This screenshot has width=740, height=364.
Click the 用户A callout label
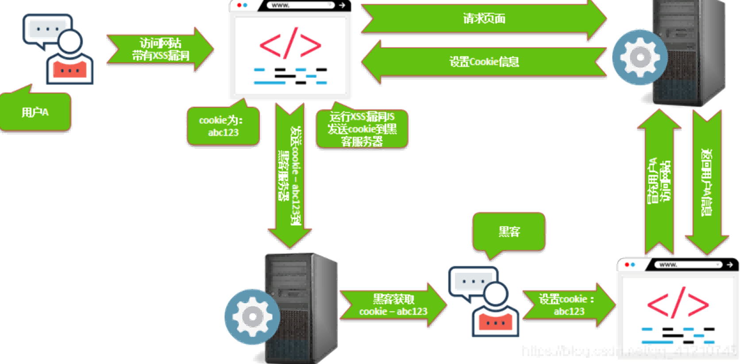pyautogui.click(x=35, y=112)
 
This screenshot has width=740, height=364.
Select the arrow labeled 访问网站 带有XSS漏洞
pyautogui.click(x=160, y=49)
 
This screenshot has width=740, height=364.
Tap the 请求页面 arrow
pyautogui.click(x=484, y=19)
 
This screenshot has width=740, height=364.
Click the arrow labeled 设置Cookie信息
pyautogui.click(x=484, y=62)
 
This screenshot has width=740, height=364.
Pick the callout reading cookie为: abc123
pyautogui.click(x=223, y=126)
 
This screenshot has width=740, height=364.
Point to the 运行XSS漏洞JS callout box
pyautogui.click(x=362, y=129)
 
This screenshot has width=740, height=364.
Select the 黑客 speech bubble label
pyautogui.click(x=509, y=232)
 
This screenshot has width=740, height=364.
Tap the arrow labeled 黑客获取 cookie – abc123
pyautogui.click(x=393, y=305)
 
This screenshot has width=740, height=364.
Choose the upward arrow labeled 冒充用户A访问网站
pyautogui.click(x=659, y=182)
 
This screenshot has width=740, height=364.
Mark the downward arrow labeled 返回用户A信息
pyautogui.click(x=707, y=182)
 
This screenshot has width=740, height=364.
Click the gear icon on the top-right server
pyautogui.click(x=640, y=57)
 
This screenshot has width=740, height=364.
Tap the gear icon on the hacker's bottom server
pyautogui.click(x=252, y=317)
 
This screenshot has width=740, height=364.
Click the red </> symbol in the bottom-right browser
pyautogui.click(x=678, y=304)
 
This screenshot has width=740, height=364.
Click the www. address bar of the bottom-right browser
pyautogui.click(x=689, y=265)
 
